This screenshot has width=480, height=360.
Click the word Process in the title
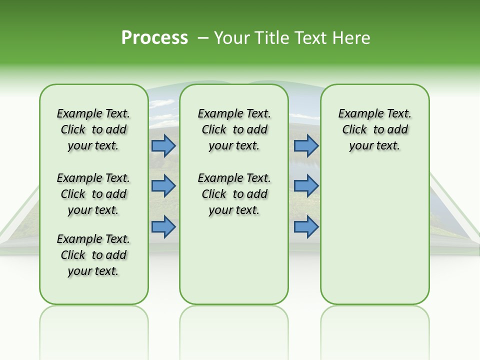click(154, 38)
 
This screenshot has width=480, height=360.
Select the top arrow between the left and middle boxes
click(163, 145)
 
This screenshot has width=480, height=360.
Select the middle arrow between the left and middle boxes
click(163, 186)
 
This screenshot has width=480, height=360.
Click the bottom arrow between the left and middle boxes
click(163, 226)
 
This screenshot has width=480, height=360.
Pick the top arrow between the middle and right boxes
click(306, 145)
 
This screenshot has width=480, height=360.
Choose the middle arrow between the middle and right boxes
click(306, 186)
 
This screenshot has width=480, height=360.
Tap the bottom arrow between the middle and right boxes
click(306, 226)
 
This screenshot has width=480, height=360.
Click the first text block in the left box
click(93, 129)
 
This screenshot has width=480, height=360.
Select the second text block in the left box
click(93, 194)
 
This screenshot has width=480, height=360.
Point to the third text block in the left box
click(93, 255)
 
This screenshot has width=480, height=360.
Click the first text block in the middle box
click(234, 129)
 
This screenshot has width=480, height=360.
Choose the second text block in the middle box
click(234, 194)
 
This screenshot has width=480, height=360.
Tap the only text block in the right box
click(374, 129)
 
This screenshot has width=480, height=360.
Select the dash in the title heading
click(203, 38)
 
